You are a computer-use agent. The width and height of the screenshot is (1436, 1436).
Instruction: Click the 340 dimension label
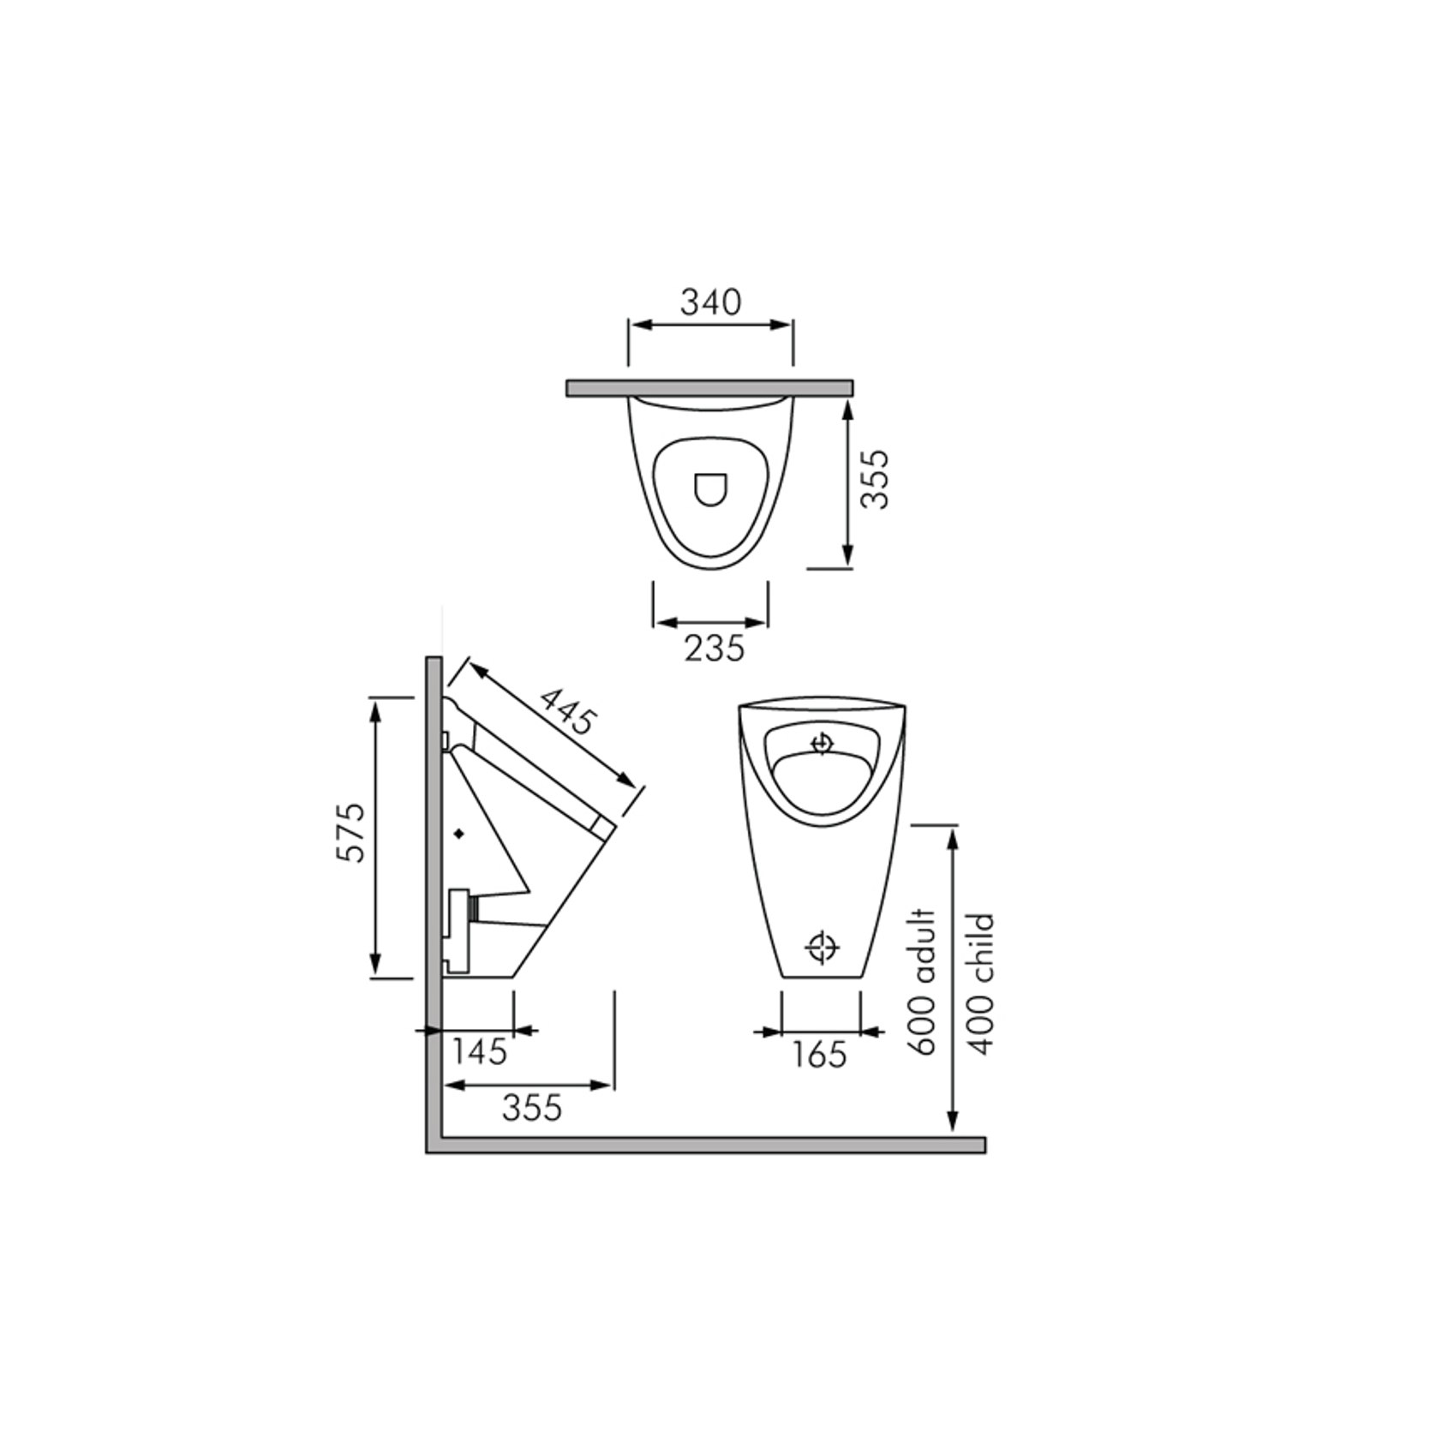pos(710,302)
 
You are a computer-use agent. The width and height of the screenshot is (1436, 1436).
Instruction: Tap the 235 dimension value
pos(715,649)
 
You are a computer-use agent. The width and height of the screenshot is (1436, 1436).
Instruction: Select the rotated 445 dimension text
pos(566,710)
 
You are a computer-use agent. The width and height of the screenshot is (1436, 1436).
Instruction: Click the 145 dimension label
pos(480,1051)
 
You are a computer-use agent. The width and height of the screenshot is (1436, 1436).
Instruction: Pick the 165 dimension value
pos(819,1055)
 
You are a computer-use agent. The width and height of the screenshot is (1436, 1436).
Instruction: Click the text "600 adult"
pos(924,982)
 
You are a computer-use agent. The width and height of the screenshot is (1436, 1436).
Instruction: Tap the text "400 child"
pos(980,984)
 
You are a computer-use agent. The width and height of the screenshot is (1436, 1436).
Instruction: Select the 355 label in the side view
pos(532,1108)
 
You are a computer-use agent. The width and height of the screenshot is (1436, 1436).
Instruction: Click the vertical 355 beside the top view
pos(875,480)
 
